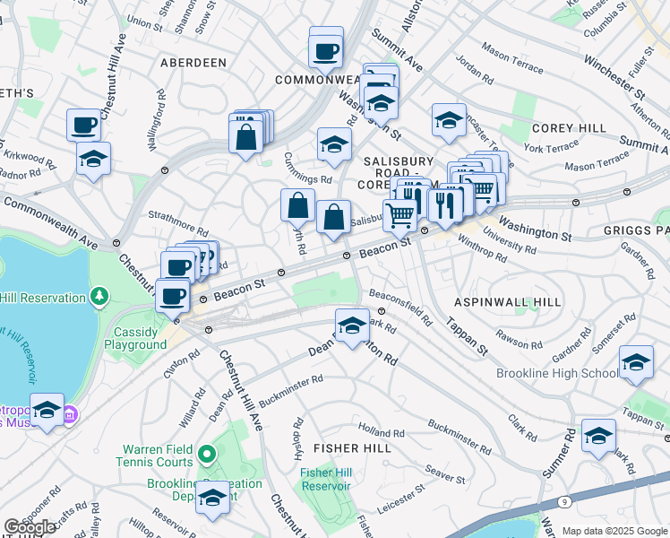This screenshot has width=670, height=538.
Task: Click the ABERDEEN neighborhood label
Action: [x=193, y=62]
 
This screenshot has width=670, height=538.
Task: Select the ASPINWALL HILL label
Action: [x=507, y=302]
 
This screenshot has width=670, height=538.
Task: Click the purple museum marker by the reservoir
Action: [x=71, y=415]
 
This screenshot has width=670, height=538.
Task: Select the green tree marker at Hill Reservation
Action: [x=99, y=295]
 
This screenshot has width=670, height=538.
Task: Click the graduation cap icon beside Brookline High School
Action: [x=636, y=361]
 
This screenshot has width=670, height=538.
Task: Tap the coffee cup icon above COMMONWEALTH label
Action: [x=326, y=49]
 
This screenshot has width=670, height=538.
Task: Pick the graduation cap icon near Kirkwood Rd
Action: [x=93, y=160]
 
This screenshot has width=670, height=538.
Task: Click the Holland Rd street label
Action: [x=382, y=432]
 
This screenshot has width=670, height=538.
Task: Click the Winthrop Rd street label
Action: [x=482, y=250]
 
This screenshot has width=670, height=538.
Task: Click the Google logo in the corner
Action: [x=30, y=527]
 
